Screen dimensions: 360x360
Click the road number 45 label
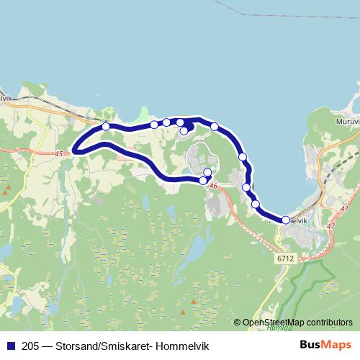click(x=58, y=153)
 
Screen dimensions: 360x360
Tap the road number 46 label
click(x=212, y=186)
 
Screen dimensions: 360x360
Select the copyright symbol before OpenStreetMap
click(x=237, y=323)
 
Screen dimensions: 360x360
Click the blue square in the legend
click(x=11, y=345)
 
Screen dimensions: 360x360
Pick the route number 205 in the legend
click(x=30, y=345)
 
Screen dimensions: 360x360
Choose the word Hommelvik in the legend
click(x=183, y=345)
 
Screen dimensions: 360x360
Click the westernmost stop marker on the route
click(x=106, y=127)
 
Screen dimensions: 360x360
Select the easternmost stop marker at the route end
click(x=286, y=220)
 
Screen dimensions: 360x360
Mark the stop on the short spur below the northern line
click(x=184, y=130)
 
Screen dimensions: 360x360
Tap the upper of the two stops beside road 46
click(x=207, y=172)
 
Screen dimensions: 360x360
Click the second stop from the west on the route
click(x=154, y=125)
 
